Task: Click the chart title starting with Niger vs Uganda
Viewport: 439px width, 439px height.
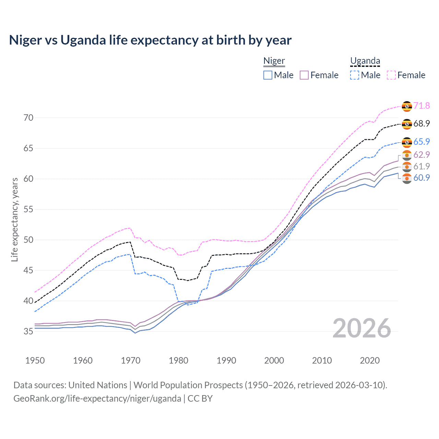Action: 150,40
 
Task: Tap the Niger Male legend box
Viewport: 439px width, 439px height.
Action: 268,75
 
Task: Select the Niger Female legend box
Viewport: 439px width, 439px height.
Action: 304,75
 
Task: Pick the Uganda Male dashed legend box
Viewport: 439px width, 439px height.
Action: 355,75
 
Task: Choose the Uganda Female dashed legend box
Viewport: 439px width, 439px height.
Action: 391,75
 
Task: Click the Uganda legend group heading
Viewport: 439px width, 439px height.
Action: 365,61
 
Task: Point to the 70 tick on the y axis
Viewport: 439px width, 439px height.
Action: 28,118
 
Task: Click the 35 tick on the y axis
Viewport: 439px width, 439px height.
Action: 28,331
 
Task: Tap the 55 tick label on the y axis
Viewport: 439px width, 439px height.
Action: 28,209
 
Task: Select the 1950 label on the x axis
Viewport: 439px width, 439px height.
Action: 35,360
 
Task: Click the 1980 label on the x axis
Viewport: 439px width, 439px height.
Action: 178,360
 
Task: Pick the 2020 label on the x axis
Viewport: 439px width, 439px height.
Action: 369,360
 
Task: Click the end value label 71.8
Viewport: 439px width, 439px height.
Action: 422,106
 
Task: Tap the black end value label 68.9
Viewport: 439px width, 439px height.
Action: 422,123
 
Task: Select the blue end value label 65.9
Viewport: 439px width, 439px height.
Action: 422,142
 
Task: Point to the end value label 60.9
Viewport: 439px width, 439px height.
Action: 422,178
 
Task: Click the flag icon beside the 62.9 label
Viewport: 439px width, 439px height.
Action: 407,155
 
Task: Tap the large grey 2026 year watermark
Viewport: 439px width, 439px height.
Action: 361,328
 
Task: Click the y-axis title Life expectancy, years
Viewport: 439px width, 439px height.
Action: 14,219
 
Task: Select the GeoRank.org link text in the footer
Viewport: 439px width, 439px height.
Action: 97,399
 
